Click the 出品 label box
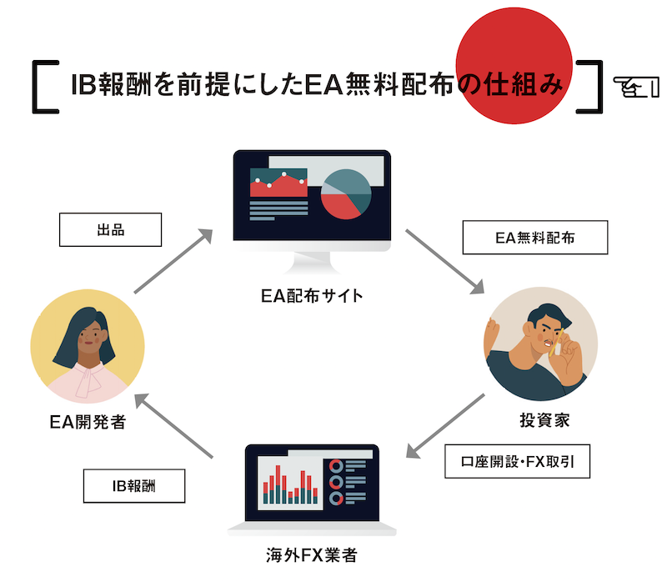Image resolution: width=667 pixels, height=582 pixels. click(110, 230)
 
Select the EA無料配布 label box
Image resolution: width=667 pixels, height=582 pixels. click(534, 238)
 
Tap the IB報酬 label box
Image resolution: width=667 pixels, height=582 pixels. click(133, 486)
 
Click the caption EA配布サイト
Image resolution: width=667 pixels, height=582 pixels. click(311, 295)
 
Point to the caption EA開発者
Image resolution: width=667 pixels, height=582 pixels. click(87, 423)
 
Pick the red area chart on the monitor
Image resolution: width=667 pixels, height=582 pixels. click(278, 185)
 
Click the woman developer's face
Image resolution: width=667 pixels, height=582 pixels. click(89, 339)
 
